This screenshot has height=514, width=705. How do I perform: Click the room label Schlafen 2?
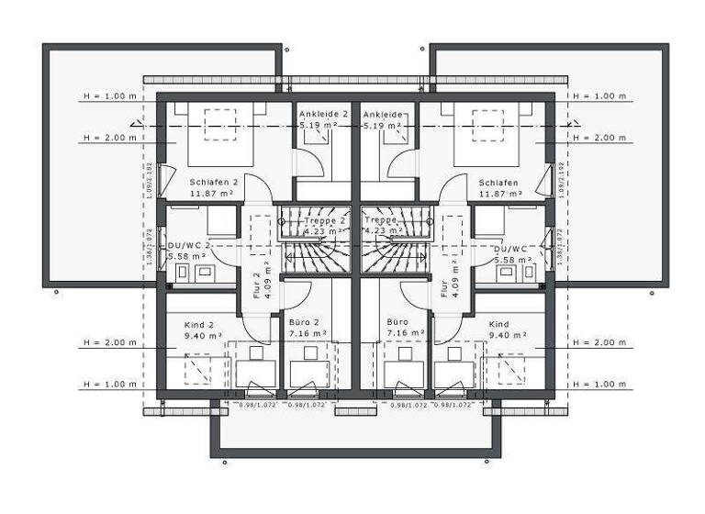coord(213,182)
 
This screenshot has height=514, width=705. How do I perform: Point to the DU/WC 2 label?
coord(190,247)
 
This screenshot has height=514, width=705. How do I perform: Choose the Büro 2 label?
coord(304,323)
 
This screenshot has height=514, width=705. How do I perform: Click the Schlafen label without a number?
coord(498,182)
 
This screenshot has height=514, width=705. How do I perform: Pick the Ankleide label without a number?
coord(383,113)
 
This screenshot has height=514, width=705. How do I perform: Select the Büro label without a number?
coord(397,323)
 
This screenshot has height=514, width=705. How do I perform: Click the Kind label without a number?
coord(498,325)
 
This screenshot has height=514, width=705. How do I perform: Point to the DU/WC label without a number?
coord(509,248)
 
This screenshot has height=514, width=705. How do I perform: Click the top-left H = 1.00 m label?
coord(109,95)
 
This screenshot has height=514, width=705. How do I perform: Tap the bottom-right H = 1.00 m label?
coord(599,384)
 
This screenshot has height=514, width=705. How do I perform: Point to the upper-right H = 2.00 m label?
coord(599,138)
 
